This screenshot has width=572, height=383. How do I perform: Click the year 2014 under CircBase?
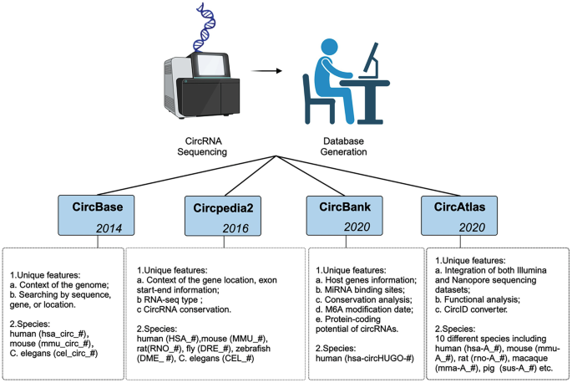[113, 227]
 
